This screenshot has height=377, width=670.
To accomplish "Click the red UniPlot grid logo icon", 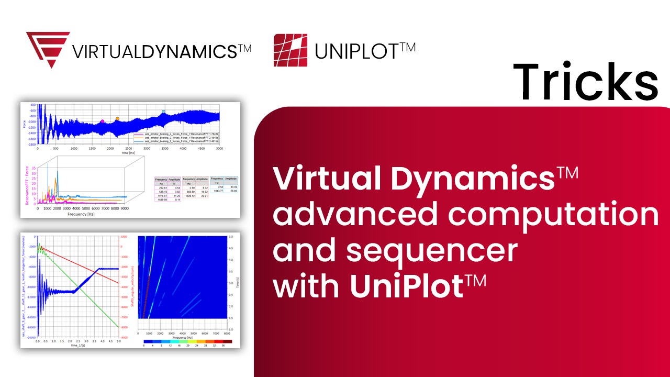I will coord(290,50).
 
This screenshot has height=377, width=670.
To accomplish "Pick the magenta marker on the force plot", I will coord(102,121).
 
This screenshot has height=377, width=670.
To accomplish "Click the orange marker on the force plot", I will coord(117,119).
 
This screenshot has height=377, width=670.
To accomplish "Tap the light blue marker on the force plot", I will coord(163,112).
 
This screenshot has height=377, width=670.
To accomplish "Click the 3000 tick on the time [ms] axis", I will coord(147,149).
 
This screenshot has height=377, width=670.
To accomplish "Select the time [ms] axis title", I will coord(128,153).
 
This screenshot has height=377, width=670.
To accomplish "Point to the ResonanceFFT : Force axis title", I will coord(27,185).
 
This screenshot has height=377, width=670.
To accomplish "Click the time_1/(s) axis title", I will coord(78,346).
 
